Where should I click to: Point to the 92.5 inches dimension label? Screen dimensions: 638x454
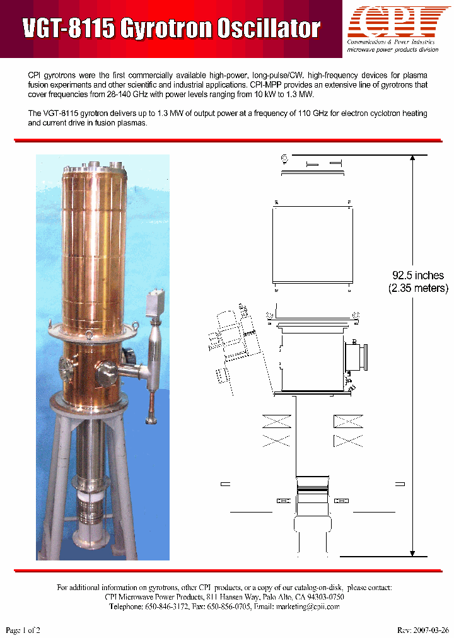click(x=418, y=275)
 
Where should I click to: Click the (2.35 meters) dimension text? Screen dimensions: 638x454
click(x=418, y=289)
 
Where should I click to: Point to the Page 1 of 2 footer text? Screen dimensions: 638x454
click(x=23, y=630)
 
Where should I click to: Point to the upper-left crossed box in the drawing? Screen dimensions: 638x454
click(x=276, y=421)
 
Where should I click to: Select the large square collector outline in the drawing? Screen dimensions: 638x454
click(x=311, y=243)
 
